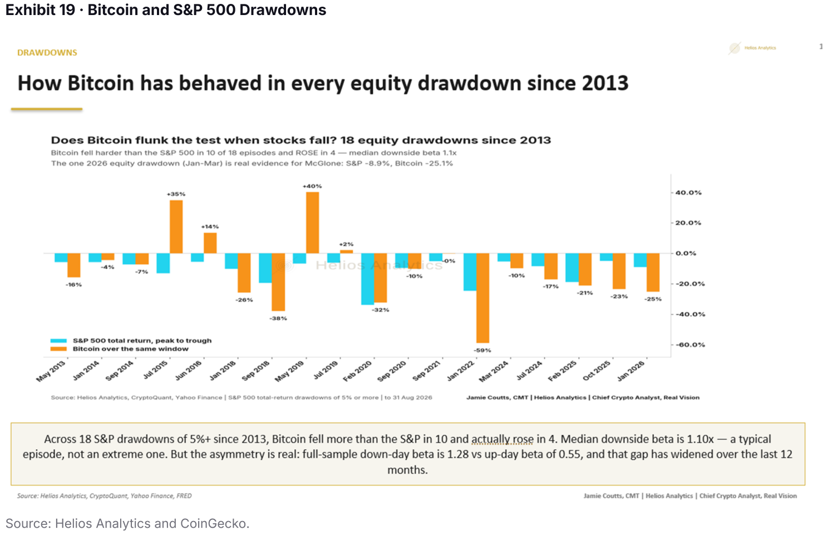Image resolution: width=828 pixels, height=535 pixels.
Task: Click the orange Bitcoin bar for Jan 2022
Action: (x=483, y=298)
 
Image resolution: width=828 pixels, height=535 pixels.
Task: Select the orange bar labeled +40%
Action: (x=312, y=222)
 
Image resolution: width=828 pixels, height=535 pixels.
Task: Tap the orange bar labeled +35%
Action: (x=176, y=227)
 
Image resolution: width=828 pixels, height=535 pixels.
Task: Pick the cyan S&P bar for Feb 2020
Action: (x=367, y=279)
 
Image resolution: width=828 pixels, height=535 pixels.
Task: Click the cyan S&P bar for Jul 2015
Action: (x=163, y=263)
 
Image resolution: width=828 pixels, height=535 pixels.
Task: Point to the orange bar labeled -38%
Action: (x=278, y=282)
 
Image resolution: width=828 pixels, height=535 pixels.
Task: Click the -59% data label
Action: (x=483, y=350)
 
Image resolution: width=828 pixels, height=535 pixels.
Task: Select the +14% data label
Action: (x=210, y=227)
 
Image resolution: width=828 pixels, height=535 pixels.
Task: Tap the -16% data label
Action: (x=73, y=285)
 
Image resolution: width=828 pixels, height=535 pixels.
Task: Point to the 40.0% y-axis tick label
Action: (x=688, y=192)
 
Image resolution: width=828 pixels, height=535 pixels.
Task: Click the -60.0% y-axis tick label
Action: (x=690, y=345)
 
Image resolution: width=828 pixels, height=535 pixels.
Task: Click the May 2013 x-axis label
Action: (x=51, y=371)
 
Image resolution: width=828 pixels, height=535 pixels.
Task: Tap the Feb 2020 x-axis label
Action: (x=358, y=371)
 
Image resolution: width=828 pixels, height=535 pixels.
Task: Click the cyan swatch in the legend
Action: (x=58, y=341)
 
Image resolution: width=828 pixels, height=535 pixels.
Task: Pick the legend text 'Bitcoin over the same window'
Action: (x=130, y=349)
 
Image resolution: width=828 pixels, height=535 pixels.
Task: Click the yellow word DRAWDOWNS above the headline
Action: (x=47, y=52)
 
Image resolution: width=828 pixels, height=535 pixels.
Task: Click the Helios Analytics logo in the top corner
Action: (x=752, y=48)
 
